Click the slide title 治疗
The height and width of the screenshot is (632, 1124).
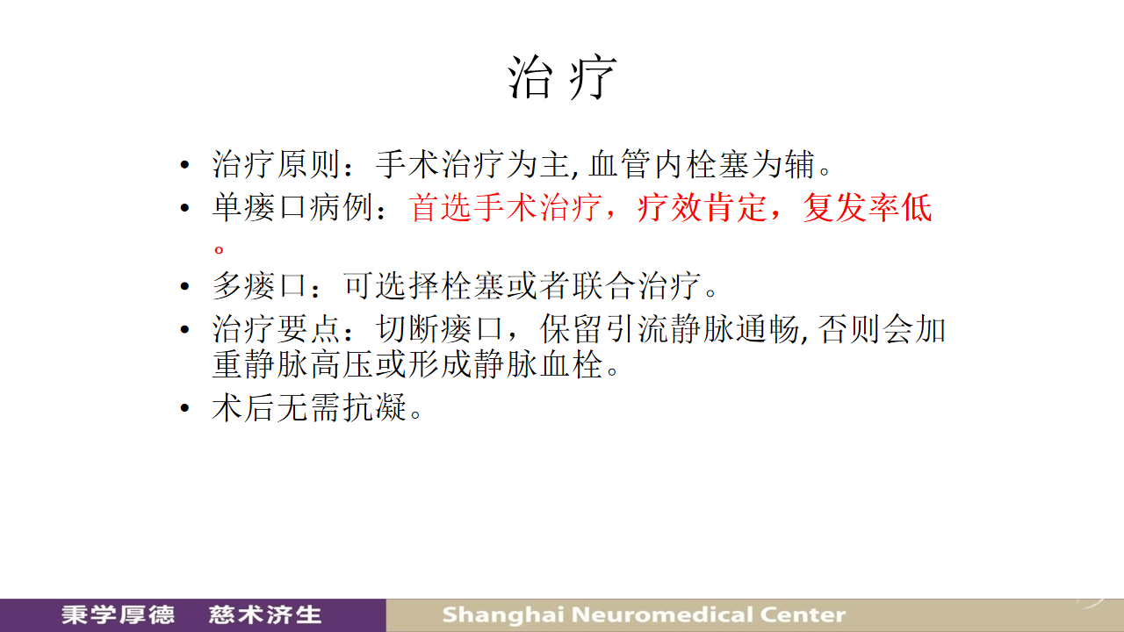tap(562, 77)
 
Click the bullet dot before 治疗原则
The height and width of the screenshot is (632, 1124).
tap(184, 164)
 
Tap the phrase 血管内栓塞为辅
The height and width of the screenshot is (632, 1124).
tap(701, 164)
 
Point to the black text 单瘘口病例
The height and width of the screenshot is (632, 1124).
tap(292, 207)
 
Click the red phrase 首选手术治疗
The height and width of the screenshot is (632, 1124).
tap(505, 207)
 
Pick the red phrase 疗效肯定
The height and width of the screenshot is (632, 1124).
tap(702, 207)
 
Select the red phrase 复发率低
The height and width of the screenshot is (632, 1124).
tap(867, 207)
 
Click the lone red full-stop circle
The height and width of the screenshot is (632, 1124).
tap(219, 248)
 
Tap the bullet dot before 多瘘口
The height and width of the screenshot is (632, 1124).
tap(184, 286)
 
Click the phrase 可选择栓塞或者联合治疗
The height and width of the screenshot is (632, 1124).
tap(522, 286)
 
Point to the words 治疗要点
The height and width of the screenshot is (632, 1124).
tap(276, 329)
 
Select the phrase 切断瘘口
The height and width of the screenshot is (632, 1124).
tap(440, 329)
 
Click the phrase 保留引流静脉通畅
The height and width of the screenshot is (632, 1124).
tap(669, 329)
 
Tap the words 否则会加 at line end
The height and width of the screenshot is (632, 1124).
tap(882, 329)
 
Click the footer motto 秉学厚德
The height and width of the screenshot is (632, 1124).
tap(118, 615)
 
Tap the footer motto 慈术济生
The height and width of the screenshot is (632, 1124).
tap(265, 615)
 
